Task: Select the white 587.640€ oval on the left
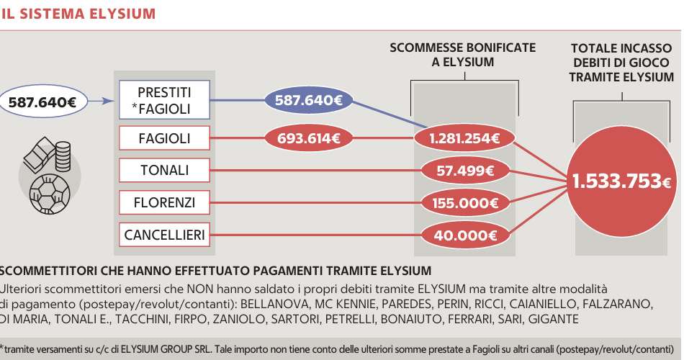tap(43, 102)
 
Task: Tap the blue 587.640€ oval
tap(308, 101)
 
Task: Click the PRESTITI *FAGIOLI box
tap(164, 101)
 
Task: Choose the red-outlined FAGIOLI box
tap(164, 138)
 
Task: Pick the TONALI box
tap(164, 171)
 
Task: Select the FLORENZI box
tap(164, 203)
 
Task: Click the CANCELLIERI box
tap(164, 235)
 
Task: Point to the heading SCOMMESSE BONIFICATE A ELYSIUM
tap(463, 55)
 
